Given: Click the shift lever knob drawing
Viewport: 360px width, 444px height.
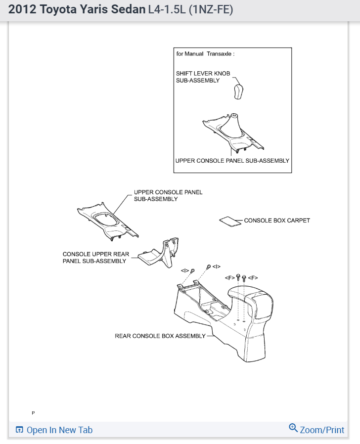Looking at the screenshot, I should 239,91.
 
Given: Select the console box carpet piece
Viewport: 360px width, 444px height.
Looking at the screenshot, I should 228,221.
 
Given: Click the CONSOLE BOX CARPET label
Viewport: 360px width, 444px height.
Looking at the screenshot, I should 277,221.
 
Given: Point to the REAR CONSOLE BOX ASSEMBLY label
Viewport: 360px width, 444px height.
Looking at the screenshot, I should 160,336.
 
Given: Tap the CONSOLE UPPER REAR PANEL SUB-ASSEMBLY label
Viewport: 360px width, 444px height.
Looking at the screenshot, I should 96,258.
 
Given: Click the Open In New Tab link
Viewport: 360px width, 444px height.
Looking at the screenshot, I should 59,430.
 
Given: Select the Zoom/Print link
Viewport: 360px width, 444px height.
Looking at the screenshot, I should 322,430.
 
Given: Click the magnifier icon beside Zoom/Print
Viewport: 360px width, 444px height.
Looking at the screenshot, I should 293,428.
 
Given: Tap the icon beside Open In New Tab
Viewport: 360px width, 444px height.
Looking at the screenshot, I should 20,430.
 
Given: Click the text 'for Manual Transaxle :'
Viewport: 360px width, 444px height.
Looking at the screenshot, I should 206,54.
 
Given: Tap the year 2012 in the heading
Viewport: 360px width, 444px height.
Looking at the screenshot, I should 21,9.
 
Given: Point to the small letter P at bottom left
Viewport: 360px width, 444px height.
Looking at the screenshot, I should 33,412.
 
